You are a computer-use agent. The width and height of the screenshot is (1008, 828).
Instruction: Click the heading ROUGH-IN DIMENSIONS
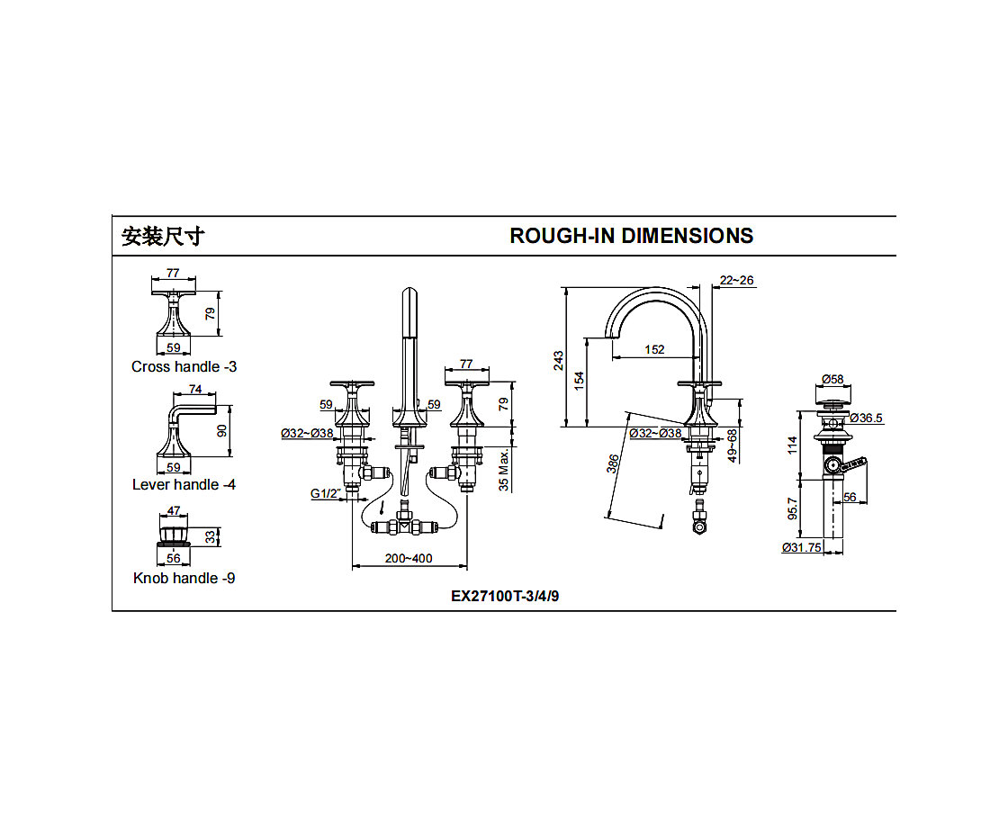coord(631,236)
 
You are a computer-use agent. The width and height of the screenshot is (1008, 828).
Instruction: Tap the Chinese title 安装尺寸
coord(163,237)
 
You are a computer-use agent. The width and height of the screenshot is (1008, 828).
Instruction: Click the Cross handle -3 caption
coord(184,366)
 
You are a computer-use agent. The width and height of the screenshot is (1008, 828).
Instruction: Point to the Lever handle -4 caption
coord(184,484)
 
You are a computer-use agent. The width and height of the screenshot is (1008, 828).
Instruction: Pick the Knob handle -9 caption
coord(184,578)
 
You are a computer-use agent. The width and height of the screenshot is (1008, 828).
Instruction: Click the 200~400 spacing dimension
coord(409,558)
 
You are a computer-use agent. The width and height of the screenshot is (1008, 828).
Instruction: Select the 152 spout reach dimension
coord(655,349)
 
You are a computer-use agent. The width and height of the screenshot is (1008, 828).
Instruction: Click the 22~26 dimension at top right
coord(737,281)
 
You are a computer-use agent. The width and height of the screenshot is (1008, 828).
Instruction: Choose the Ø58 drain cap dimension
coord(832,380)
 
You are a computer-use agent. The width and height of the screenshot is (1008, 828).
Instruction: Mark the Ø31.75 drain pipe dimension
coord(802,547)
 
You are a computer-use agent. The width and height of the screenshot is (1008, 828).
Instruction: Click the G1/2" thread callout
coord(326,493)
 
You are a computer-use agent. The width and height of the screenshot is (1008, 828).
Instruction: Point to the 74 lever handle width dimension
coord(194,390)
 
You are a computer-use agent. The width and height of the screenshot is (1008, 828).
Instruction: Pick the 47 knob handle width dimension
coord(174,510)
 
